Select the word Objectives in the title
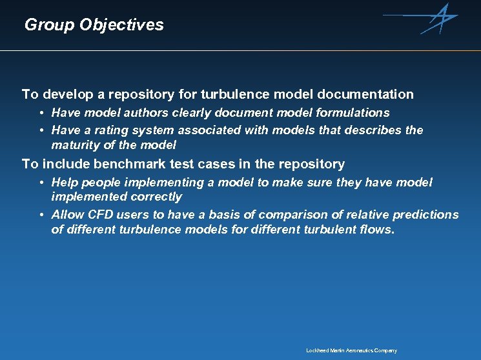click(x=121, y=25)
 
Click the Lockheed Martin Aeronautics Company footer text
click(x=351, y=350)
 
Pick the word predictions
click(x=426, y=215)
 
